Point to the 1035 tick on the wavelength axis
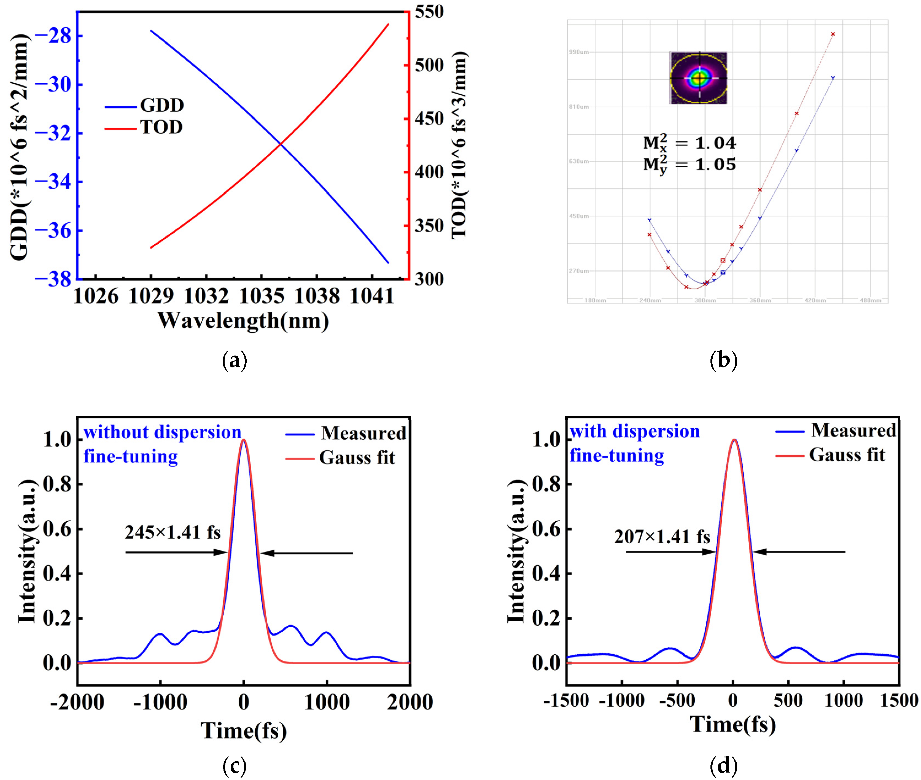pos(261,296)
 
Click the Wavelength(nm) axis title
pos(243,321)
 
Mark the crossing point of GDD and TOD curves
pos(280,144)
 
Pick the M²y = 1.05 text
pos(689,165)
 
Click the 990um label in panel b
pos(578,52)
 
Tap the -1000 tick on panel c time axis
pos(160,703)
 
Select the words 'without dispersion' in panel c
pos(162,432)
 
